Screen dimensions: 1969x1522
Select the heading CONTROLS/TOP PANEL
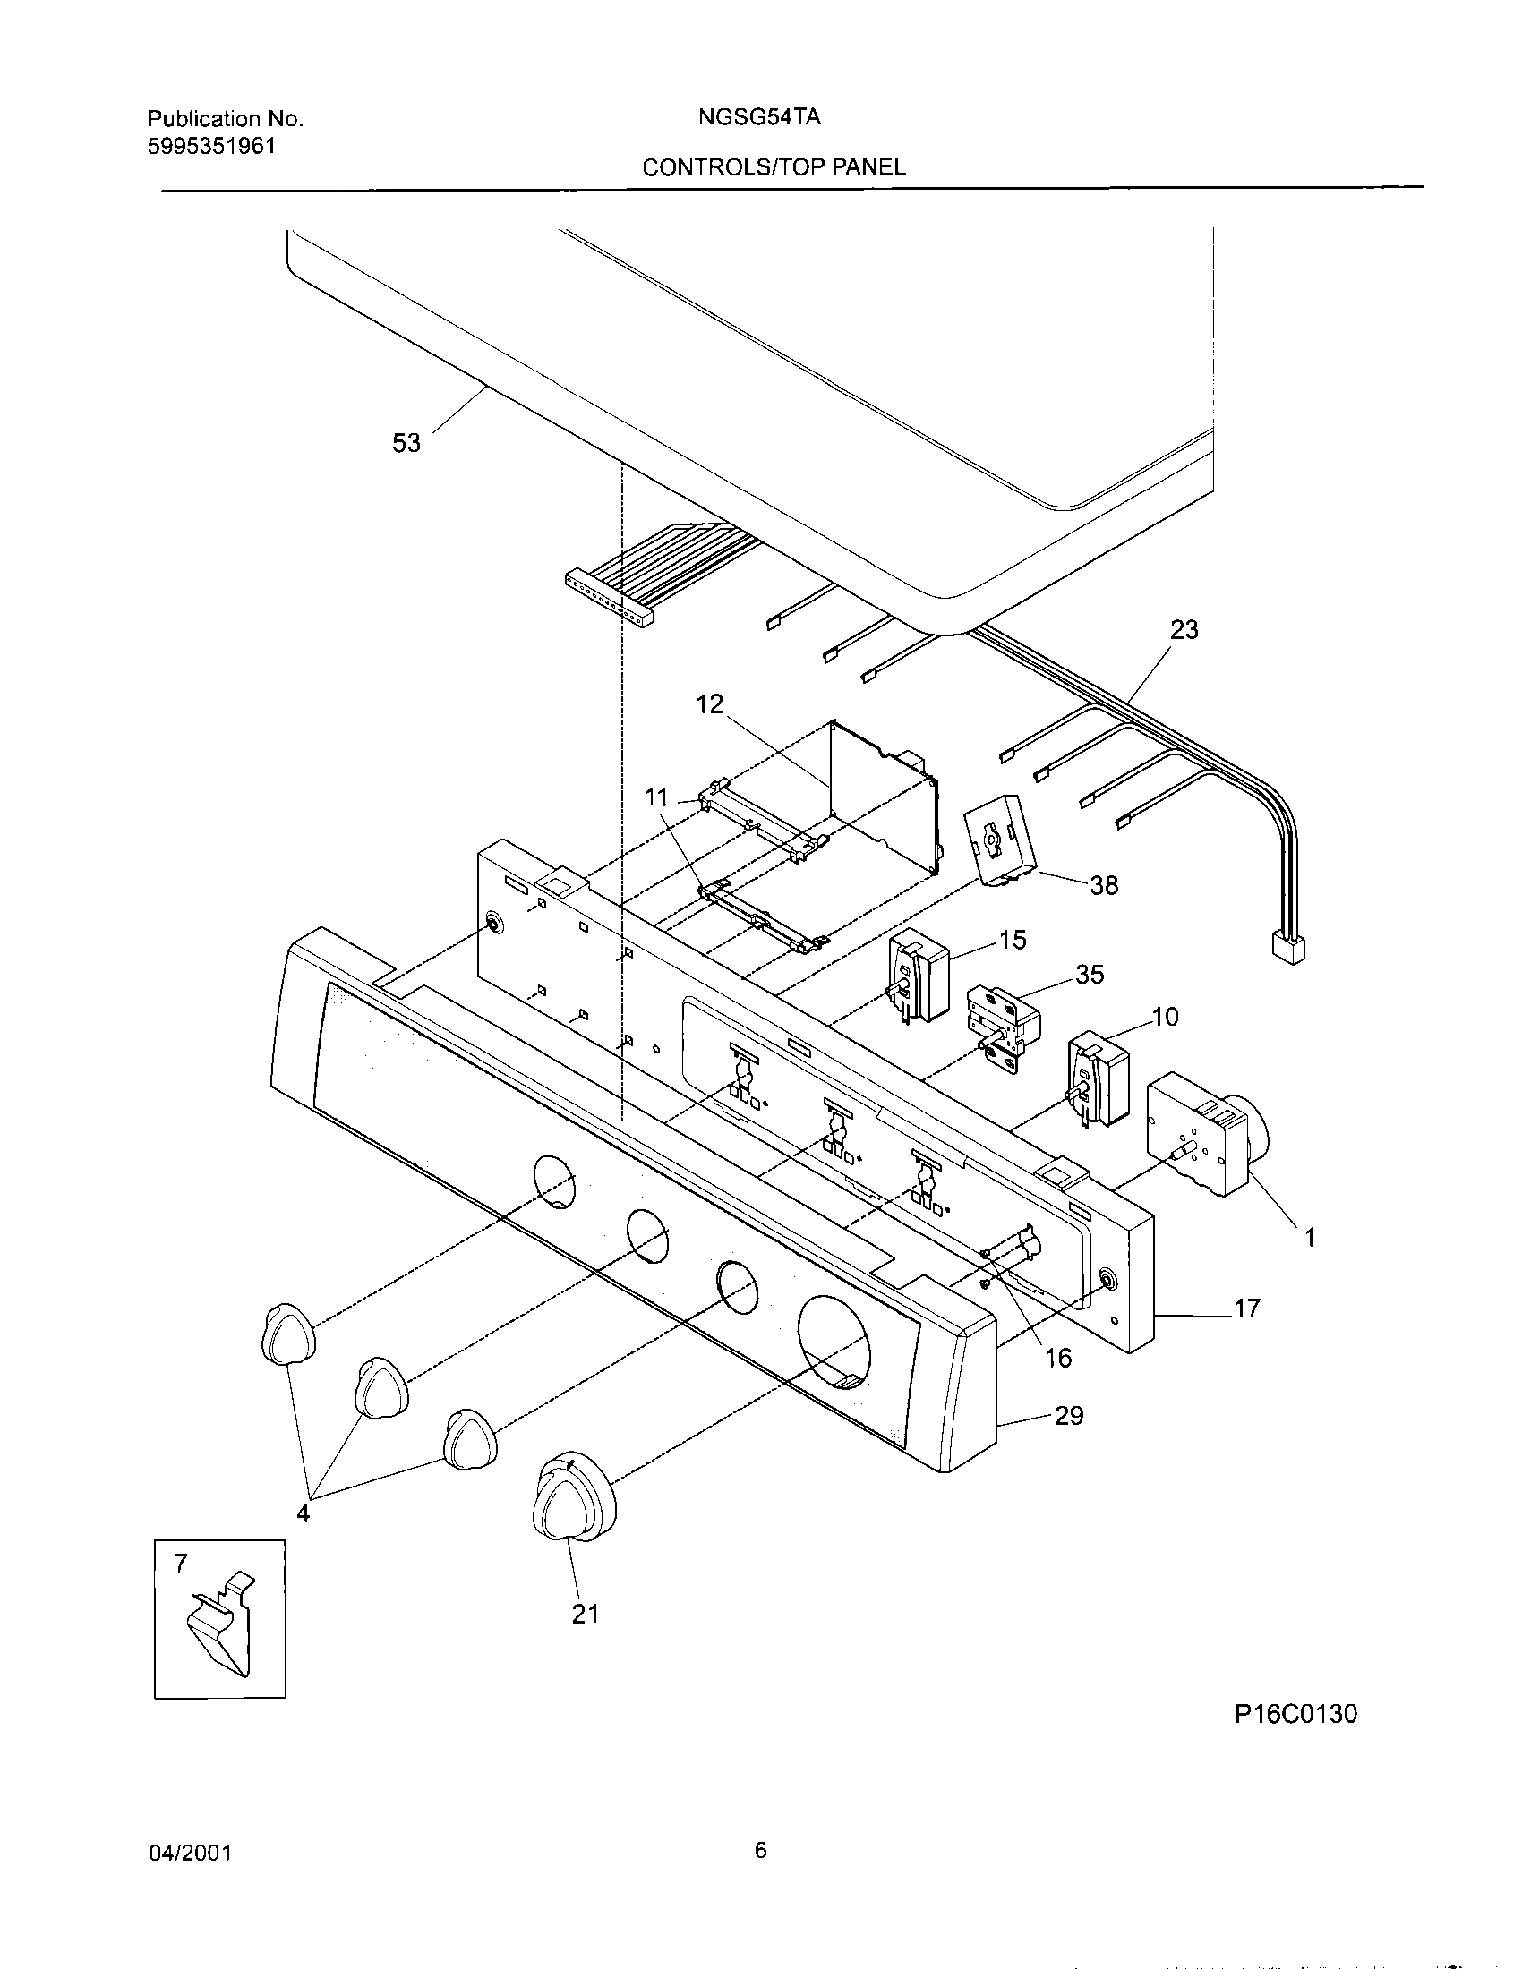tap(774, 166)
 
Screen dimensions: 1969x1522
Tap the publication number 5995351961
tap(211, 146)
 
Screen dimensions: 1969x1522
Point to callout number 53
tap(406, 444)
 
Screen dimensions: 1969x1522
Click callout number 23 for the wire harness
tap(1184, 629)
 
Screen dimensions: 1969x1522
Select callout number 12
tap(710, 704)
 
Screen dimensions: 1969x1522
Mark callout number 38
tap(1104, 885)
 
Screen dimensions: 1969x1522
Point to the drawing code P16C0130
tap(1295, 1714)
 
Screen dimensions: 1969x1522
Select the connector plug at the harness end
tap(1287, 949)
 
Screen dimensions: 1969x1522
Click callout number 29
tap(1068, 1416)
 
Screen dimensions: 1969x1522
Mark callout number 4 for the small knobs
tap(303, 1513)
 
